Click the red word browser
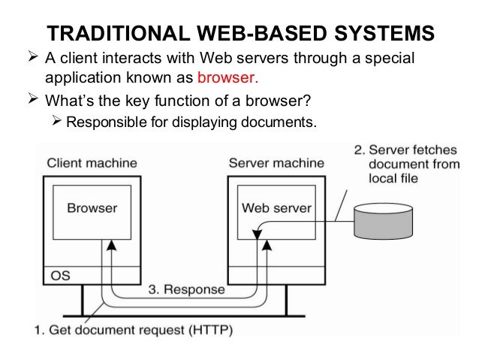pos(227,77)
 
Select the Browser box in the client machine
pos(92,207)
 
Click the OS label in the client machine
pos(60,276)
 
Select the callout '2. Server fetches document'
pos(406,162)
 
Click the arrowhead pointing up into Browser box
pos(111,245)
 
